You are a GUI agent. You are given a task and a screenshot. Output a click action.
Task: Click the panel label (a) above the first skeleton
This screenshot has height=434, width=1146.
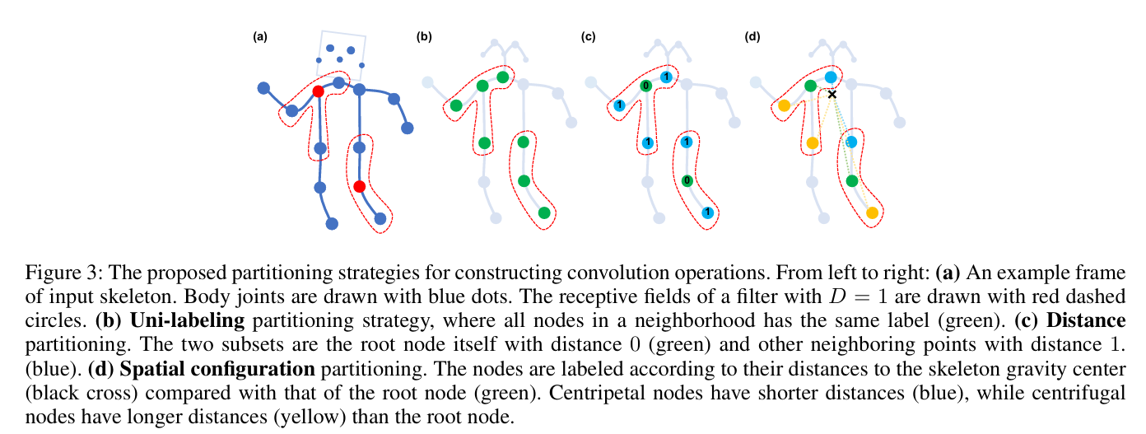[260, 36]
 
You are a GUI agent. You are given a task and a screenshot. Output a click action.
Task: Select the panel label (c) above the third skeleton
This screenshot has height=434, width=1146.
[588, 36]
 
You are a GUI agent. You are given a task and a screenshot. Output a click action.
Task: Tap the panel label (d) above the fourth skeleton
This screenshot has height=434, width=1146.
[752, 36]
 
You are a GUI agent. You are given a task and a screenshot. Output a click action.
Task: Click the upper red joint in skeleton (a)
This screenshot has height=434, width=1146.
[318, 91]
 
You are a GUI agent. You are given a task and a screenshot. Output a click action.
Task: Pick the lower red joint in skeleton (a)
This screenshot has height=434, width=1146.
[359, 187]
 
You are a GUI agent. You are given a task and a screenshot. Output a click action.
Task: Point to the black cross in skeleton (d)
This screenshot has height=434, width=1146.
[832, 95]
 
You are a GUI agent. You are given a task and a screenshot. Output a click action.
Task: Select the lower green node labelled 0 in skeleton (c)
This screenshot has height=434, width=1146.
[687, 180]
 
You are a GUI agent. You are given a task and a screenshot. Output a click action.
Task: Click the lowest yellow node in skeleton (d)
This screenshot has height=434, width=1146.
[872, 212]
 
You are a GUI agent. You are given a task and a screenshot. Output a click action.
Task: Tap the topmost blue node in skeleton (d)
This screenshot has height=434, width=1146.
[831, 77]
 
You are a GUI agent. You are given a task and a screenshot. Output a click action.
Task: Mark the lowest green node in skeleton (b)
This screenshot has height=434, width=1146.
[543, 212]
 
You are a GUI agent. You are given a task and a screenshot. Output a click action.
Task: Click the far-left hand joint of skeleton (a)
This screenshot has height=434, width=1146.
[263, 87]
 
